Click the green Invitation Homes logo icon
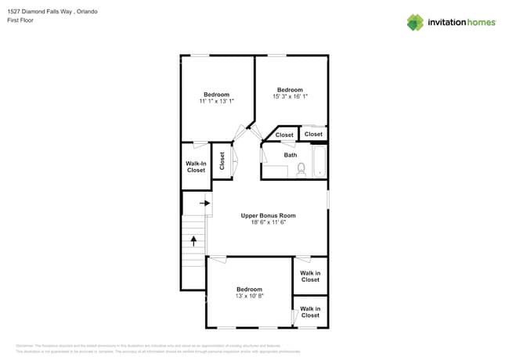click(415, 22)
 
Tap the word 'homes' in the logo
click(478, 22)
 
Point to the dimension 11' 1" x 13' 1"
click(216, 101)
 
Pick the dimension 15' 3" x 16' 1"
click(290, 96)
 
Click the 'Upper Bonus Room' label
click(267, 214)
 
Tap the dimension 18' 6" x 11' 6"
click(267, 222)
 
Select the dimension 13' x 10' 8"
click(250, 296)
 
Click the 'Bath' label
click(291, 155)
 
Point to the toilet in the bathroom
click(301, 168)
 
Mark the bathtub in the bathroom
click(319, 162)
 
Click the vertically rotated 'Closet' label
click(222, 160)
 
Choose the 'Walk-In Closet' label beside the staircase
click(196, 167)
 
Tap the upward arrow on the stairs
click(193, 240)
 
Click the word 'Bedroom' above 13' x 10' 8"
click(250, 288)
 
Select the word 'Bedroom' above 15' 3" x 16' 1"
click(290, 89)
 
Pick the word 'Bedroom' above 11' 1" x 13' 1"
click(216, 94)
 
